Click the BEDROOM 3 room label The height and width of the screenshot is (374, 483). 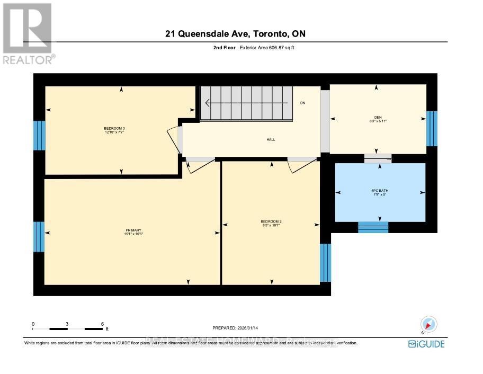[x=114, y=130]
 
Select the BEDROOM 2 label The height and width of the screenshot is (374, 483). [x=270, y=223]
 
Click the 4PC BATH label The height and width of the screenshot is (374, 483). [x=380, y=192]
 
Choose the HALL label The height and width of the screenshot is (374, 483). [x=271, y=140]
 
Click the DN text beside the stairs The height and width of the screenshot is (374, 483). [x=302, y=103]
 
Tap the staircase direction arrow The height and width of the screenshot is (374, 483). [x=246, y=103]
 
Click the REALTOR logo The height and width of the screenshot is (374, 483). [x=28, y=34]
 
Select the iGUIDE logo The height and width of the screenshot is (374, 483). [x=426, y=344]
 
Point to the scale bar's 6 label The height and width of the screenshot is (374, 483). [x=102, y=324]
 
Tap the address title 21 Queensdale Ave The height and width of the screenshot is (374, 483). [x=235, y=34]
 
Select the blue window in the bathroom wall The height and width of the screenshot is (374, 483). [x=373, y=227]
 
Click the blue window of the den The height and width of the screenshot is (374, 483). [x=432, y=129]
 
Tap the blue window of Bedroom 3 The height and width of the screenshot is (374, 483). [x=39, y=136]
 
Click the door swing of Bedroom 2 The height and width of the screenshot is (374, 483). [x=300, y=165]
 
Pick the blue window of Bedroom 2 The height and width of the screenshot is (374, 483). [x=325, y=263]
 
